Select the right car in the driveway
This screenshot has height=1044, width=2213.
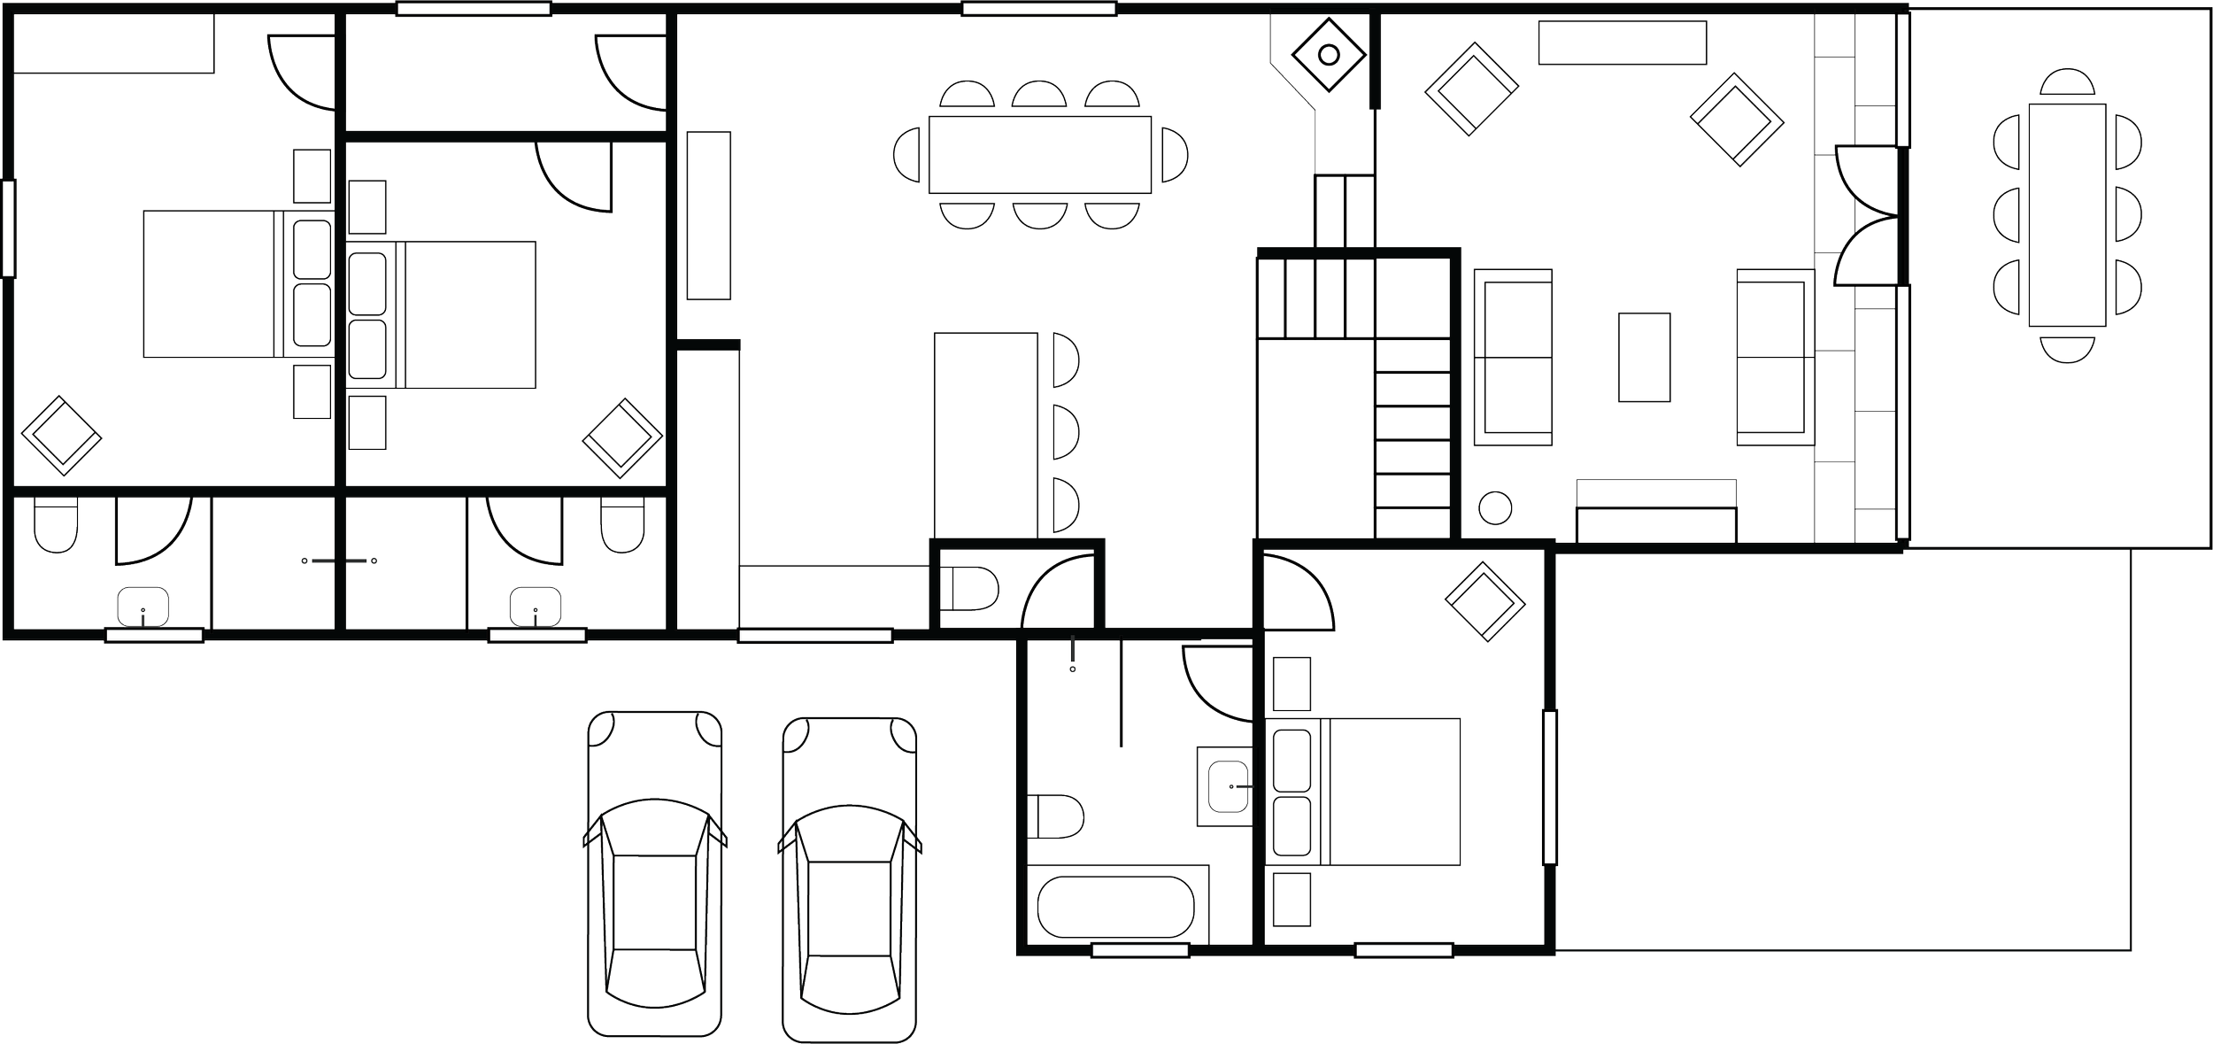pos(849,877)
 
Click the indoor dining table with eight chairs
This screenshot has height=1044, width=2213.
pos(1039,154)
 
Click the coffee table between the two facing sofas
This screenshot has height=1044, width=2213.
pos(1644,357)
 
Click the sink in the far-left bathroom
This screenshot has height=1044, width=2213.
pos(143,607)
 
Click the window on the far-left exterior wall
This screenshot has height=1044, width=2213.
pos(9,228)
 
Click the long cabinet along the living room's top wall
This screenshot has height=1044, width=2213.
pos(1622,43)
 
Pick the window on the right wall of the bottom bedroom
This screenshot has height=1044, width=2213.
pos(1549,786)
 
